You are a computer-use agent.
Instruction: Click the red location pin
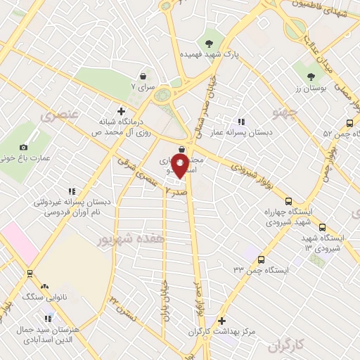point(181,167)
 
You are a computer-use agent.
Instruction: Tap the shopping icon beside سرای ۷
point(143,76)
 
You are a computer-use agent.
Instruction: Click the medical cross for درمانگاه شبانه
point(122,111)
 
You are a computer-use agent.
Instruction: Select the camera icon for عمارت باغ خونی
point(23,147)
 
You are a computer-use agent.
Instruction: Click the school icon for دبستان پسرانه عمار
point(242,122)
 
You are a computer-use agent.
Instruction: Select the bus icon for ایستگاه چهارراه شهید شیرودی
point(288,182)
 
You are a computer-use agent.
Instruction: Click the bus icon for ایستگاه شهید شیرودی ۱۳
point(323,227)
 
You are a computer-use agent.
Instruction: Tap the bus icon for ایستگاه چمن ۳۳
point(262,259)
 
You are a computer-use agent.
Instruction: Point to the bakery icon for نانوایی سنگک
point(44,286)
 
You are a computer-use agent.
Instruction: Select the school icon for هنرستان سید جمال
point(47,319)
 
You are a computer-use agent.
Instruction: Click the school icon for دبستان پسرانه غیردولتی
point(71,191)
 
